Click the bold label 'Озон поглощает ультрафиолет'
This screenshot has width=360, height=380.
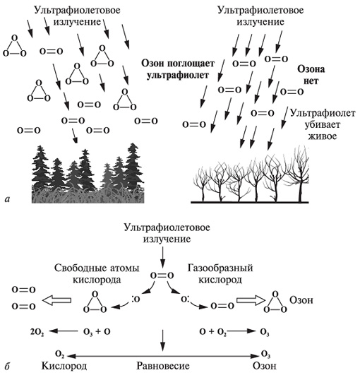click(178, 69)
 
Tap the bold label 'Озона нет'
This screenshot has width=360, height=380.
click(311, 75)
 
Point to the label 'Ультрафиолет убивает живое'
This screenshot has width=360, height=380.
click(323, 124)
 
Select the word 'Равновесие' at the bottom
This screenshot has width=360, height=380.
click(163, 366)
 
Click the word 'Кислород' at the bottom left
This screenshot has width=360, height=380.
click(64, 366)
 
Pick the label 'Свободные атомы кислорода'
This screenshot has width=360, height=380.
click(97, 274)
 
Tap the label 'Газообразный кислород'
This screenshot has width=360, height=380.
click(220, 274)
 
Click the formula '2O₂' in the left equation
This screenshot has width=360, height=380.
click(37, 332)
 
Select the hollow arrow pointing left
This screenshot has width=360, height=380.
click(56, 300)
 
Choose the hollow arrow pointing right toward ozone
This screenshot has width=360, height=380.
click(251, 300)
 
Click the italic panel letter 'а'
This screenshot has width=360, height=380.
click(8, 199)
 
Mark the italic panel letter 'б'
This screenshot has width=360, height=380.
click(8, 366)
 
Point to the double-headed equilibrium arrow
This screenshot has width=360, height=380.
click(163, 356)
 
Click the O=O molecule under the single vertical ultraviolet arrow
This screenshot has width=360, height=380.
click(162, 275)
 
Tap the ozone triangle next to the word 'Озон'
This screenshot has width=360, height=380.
click(275, 302)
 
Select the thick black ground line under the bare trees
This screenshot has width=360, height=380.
click(250, 202)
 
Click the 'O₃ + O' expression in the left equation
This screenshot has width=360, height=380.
click(97, 332)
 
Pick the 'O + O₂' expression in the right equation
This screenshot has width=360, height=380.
click(213, 332)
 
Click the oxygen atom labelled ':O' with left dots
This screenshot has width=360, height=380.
click(136, 299)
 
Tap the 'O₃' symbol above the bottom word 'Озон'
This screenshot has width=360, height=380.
click(265, 355)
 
